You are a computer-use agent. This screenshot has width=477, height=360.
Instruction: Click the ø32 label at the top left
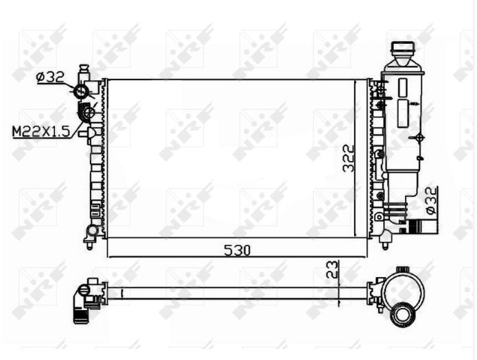(x=50, y=77)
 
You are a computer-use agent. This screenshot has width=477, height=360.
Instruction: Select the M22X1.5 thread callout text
(x=41, y=132)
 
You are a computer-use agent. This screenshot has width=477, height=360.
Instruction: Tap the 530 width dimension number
(x=237, y=250)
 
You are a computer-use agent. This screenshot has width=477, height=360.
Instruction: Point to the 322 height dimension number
(x=349, y=158)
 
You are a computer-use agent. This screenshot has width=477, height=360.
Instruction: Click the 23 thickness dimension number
(x=332, y=269)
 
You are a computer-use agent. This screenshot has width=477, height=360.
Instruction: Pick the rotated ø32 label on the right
(x=431, y=200)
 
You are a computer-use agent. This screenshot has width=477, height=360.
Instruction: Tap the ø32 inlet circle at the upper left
(x=82, y=91)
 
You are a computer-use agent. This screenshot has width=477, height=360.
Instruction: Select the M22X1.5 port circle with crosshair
(x=89, y=113)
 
